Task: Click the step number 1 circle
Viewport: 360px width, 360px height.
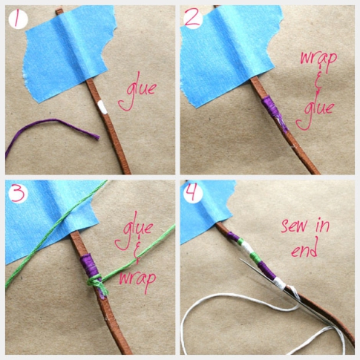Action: click(x=18, y=19)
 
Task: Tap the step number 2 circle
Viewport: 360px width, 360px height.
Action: click(x=193, y=19)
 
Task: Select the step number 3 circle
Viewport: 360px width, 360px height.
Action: click(x=18, y=194)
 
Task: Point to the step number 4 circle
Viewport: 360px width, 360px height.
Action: click(x=193, y=194)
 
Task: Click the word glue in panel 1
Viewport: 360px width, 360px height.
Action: click(x=137, y=91)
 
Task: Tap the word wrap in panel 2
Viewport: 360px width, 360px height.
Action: click(x=318, y=59)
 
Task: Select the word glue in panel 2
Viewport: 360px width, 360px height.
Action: click(x=315, y=111)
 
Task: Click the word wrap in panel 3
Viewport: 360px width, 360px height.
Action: click(x=137, y=280)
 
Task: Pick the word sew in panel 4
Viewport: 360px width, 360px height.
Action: click(x=294, y=226)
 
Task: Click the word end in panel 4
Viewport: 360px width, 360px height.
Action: click(x=304, y=250)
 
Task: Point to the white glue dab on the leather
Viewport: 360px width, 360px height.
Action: click(x=102, y=108)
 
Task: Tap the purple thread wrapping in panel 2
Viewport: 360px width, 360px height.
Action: click(x=273, y=113)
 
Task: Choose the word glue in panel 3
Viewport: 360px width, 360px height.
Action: click(x=134, y=230)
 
